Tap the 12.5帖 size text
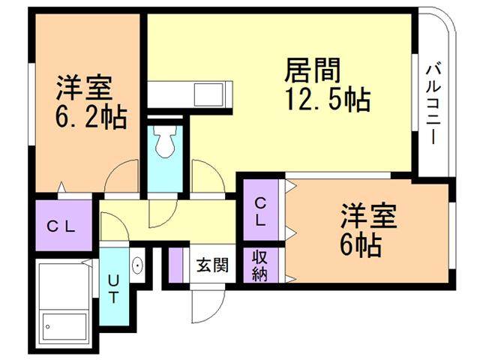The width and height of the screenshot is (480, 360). point(327,99)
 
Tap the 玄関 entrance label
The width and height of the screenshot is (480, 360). point(209,265)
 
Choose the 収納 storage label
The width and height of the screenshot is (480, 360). point(259,265)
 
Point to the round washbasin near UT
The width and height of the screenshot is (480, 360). point(139,265)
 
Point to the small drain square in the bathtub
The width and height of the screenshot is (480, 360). point(48,326)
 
